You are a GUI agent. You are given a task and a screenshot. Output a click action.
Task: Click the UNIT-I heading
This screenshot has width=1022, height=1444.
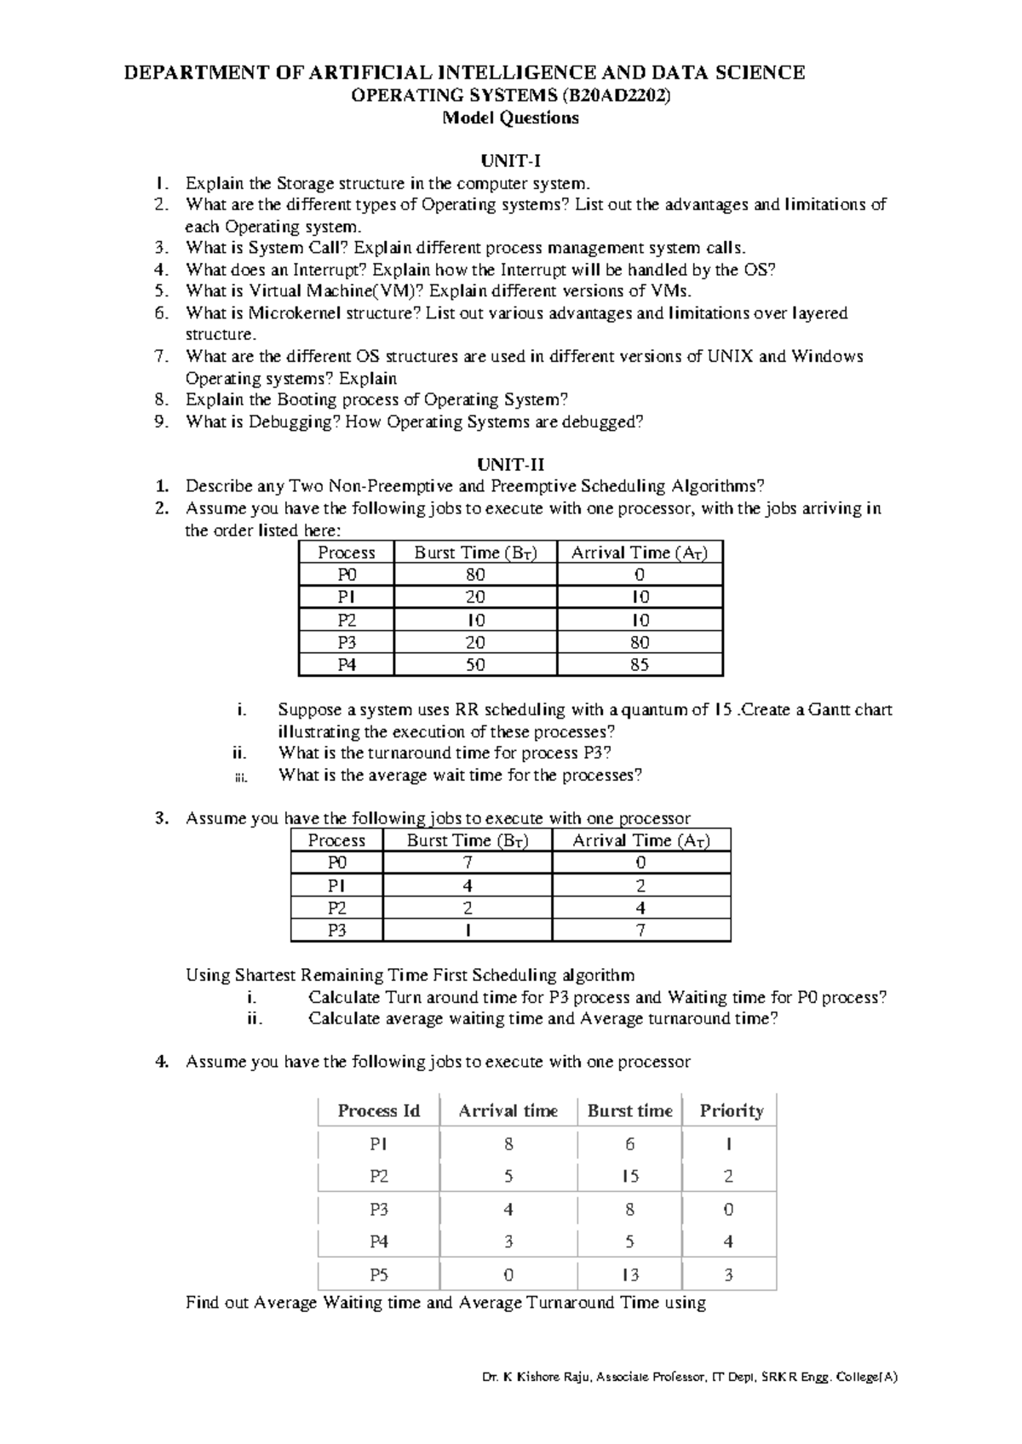pyautogui.click(x=510, y=161)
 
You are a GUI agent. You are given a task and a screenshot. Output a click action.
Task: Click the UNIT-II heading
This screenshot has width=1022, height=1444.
pyautogui.click(x=510, y=465)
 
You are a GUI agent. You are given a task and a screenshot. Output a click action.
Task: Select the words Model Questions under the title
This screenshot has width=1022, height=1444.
pyautogui.click(x=510, y=118)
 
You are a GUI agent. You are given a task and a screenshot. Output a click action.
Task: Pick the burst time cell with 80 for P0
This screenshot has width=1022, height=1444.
pyautogui.click(x=475, y=575)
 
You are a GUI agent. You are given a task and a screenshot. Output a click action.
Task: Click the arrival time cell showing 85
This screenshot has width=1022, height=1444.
pyautogui.click(x=640, y=665)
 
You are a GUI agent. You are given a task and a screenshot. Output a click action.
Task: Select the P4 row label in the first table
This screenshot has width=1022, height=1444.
pyautogui.click(x=347, y=665)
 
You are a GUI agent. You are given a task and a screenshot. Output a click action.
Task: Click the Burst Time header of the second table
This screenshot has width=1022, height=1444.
pyautogui.click(x=468, y=841)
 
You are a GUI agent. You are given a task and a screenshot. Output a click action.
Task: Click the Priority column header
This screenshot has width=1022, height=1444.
pyautogui.click(x=731, y=1111)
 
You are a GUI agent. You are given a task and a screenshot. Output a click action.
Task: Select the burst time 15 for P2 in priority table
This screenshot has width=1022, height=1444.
pyautogui.click(x=629, y=1177)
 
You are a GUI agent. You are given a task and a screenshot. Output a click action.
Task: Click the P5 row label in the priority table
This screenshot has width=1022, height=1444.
pyautogui.click(x=379, y=1275)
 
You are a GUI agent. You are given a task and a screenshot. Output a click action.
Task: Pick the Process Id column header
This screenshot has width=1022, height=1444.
pyautogui.click(x=379, y=1111)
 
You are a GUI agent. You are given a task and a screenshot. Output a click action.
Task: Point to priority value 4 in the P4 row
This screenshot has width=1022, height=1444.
pyautogui.click(x=728, y=1242)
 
